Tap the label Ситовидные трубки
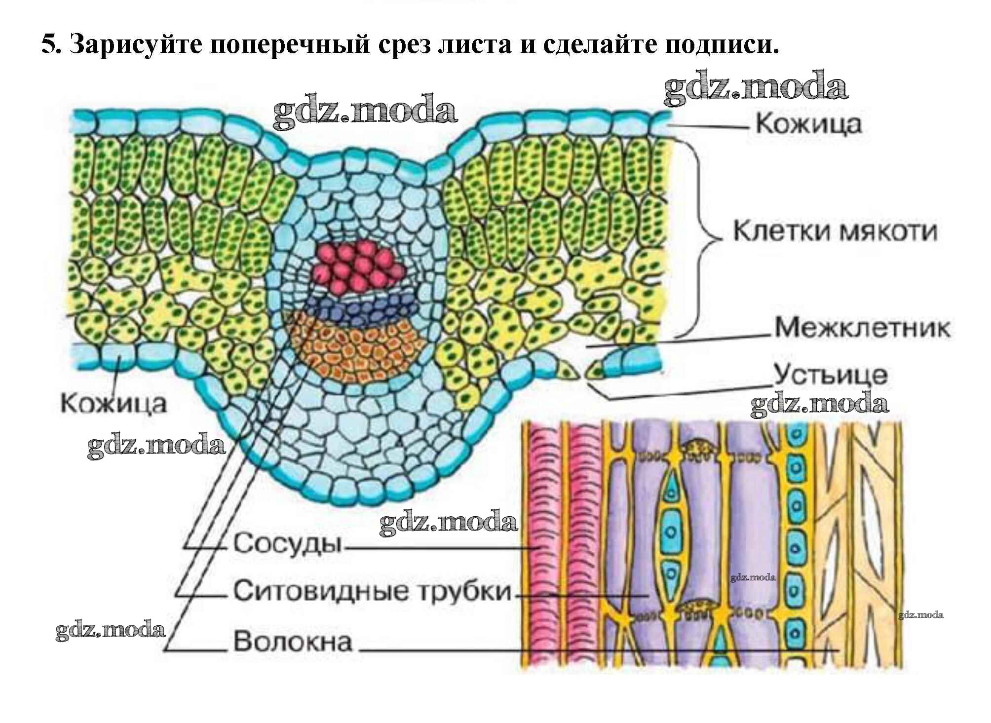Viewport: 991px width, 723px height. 372,591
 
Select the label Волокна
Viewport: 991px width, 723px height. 293,642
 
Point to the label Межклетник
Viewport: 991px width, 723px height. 862,328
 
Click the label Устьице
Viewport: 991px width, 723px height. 830,375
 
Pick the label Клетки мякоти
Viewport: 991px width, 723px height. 835,231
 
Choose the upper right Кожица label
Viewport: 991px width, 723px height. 809,123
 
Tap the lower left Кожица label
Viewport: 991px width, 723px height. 114,403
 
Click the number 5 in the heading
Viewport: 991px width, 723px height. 48,45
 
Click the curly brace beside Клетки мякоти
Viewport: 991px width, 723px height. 703,237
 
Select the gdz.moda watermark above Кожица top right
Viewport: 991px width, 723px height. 755,89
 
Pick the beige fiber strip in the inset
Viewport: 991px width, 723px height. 859,543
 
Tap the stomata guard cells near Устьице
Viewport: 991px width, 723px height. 582,370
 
